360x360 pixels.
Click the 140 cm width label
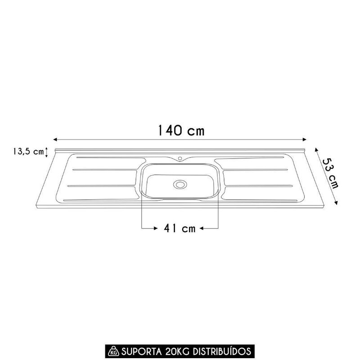pyautogui.click(x=181, y=130)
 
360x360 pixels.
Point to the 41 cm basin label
pyautogui.click(x=180, y=229)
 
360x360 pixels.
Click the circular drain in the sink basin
pyautogui.click(x=180, y=184)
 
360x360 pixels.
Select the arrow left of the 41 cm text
pyautogui.click(x=155, y=229)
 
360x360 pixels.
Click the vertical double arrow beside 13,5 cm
pyautogui.click(x=46, y=152)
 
